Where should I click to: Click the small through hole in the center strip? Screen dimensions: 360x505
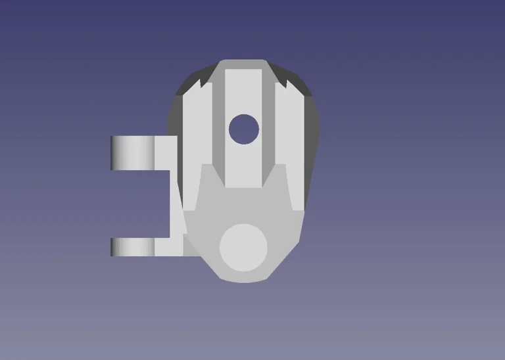point(244,129)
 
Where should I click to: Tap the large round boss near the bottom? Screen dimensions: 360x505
point(243,247)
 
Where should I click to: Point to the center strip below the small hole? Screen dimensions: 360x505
point(244,164)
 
